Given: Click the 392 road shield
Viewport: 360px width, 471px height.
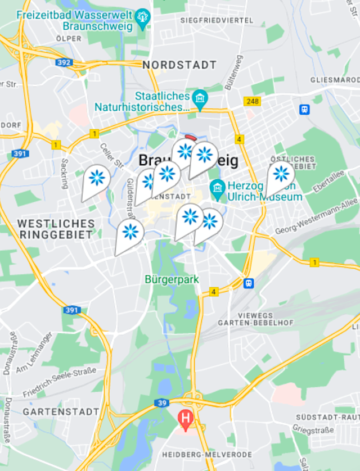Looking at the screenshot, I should tap(65, 62).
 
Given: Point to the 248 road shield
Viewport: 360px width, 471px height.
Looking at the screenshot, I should tap(252, 101).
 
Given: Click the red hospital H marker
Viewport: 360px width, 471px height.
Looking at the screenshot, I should tap(185, 418).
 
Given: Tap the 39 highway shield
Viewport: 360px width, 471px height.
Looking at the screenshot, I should tap(163, 402).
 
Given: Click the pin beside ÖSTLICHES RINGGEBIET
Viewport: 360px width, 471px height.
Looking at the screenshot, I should tap(281, 174).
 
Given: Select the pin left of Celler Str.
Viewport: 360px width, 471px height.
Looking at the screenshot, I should tap(97, 178).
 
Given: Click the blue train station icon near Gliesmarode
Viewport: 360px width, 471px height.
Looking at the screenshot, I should tap(305, 110).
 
